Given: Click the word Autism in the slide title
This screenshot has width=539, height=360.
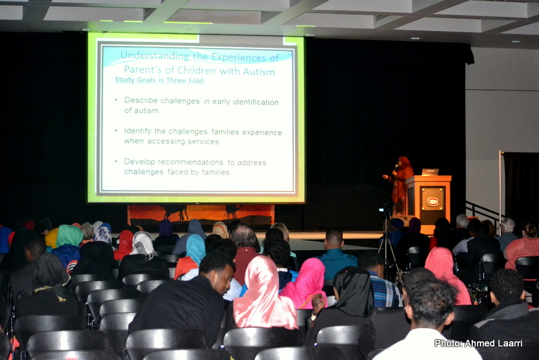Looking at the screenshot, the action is pyautogui.click(x=259, y=71).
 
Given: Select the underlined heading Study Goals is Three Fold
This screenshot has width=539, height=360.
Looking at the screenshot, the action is pyautogui.click(x=160, y=80).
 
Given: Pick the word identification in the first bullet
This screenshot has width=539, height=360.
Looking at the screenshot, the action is pyautogui.click(x=255, y=102).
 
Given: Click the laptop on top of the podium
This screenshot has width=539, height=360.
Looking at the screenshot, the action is pyautogui.click(x=430, y=172).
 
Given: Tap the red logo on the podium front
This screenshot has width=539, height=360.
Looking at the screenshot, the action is pyautogui.click(x=433, y=201).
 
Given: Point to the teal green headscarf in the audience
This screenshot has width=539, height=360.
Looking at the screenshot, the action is pyautogui.click(x=69, y=235).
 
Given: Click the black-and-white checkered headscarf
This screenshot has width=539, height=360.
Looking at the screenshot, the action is pyautogui.click(x=143, y=245).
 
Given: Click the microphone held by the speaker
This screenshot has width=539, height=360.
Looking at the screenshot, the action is pyautogui.click(x=396, y=168).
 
